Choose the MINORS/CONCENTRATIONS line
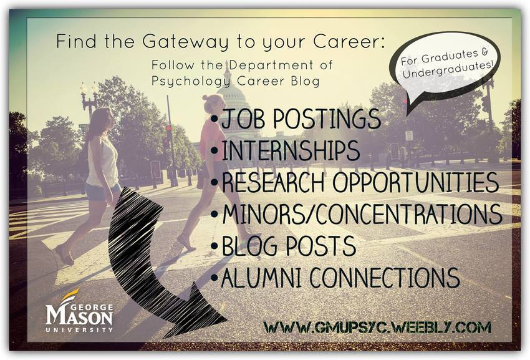click(356, 214)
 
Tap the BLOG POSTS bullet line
click(284, 245)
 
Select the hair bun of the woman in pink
click(205, 99)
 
